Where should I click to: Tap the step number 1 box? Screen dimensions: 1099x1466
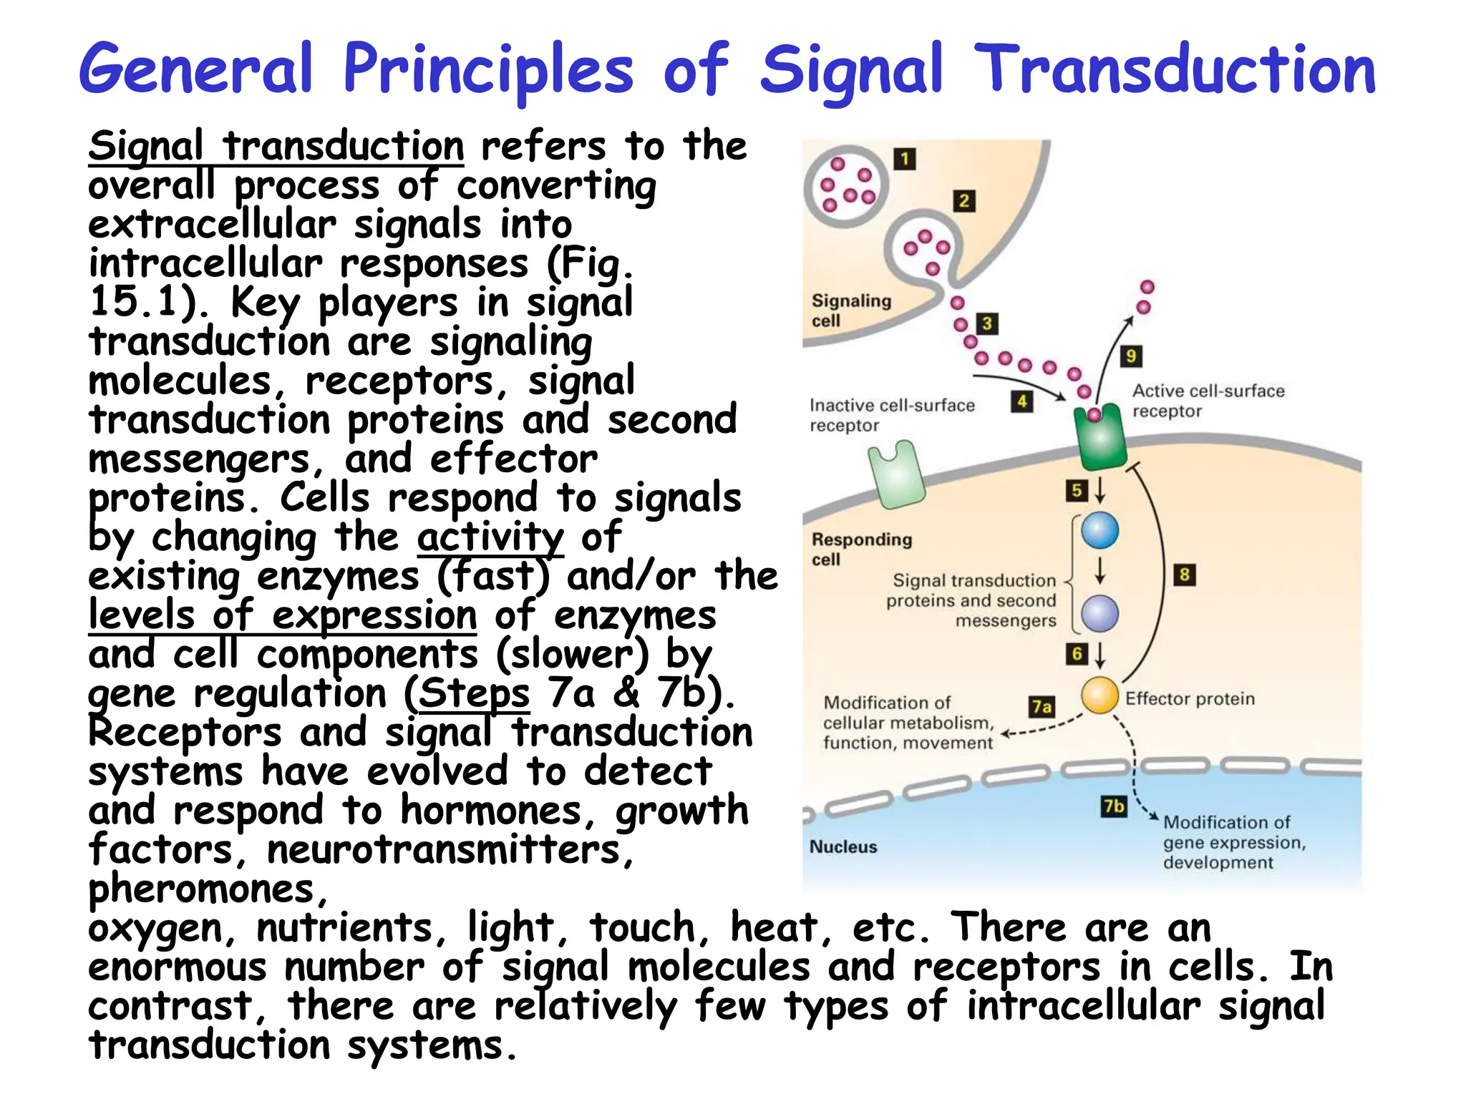coord(905,159)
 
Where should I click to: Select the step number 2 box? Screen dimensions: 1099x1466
coord(964,201)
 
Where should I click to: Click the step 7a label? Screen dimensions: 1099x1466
coord(1042,707)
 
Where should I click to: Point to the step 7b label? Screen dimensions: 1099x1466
coord(1114,806)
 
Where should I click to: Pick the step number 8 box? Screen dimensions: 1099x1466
coord(1185,575)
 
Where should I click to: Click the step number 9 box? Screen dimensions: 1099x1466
coord(1131,356)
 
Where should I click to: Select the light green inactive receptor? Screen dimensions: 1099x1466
coord(896,474)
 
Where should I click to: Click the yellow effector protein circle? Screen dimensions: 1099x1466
coord(1099,695)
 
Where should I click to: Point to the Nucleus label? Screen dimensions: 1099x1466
coord(843,847)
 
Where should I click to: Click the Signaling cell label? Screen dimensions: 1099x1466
coord(850,310)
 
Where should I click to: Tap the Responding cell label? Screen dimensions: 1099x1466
coord(861,549)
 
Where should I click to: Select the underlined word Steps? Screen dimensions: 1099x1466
coord(474,693)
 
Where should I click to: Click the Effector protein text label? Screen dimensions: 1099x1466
coord(1190,699)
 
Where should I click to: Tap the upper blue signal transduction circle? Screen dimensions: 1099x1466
coord(1099,530)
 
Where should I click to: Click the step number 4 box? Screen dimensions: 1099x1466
coord(1022,401)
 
